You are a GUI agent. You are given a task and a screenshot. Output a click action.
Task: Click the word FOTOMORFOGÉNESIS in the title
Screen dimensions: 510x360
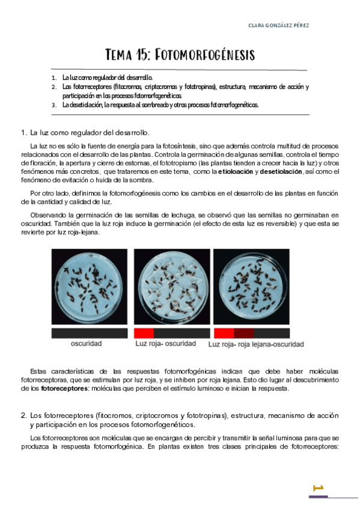[x=205, y=55]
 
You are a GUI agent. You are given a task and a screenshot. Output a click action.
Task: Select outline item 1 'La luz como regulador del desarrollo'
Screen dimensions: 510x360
[x=107, y=78]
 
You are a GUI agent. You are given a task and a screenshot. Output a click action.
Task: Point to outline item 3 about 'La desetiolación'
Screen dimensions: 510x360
[x=160, y=105]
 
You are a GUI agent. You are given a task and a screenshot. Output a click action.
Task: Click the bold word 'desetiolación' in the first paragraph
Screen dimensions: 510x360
[x=281, y=171]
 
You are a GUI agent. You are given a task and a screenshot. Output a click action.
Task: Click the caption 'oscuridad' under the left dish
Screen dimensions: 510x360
[x=87, y=344]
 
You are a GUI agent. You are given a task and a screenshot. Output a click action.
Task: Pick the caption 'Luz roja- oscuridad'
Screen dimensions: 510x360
[x=166, y=344]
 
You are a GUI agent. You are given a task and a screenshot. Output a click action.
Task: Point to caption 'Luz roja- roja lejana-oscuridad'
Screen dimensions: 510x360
[x=255, y=345]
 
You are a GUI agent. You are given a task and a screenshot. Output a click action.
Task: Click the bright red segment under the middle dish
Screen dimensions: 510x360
[x=144, y=333]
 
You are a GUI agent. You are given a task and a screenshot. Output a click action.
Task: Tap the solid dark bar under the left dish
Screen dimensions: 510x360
[x=89, y=333]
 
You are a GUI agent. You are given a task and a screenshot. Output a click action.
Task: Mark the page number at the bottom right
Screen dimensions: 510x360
[x=319, y=487]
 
